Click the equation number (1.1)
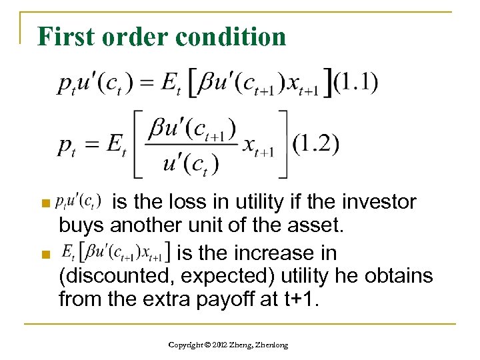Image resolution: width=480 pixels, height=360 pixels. (x=355, y=83)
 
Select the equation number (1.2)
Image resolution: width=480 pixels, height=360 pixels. (x=315, y=144)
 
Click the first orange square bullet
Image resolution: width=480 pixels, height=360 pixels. (x=45, y=202)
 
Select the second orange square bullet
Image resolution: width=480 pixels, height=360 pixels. (x=45, y=254)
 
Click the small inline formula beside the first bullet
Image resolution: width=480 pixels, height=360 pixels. (x=79, y=201)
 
